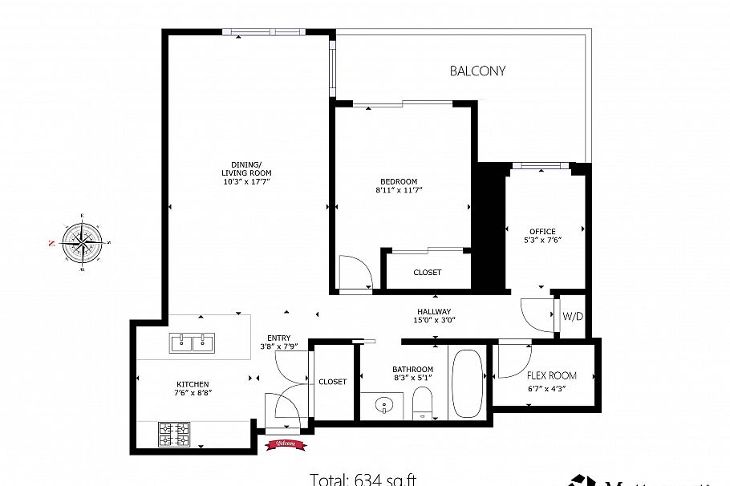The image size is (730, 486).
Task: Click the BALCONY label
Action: pos(477,71)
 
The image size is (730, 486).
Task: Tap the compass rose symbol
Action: pos(82,241)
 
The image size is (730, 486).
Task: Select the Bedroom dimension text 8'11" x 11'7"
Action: pos(399,190)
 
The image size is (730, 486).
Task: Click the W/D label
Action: pos(573,316)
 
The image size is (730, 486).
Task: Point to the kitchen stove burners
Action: pos(173,435)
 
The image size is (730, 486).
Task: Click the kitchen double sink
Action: pos(192,343)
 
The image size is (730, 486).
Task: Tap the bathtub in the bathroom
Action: pos(466,383)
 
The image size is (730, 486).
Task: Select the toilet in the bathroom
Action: pos(421,401)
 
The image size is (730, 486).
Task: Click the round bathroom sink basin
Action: pos(383,406)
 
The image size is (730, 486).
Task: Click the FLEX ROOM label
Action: pos(551,375)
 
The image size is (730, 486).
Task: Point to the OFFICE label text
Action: pos(542,232)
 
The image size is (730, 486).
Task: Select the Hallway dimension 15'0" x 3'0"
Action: pos(433,321)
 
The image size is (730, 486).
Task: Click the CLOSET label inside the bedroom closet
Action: pos(427,273)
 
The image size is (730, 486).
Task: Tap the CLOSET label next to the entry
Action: pos(332,382)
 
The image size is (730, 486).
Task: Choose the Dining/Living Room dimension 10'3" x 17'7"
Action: pos(246,182)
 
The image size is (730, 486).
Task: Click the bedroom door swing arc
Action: pos(354,271)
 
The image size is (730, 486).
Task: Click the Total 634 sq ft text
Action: pos(363,480)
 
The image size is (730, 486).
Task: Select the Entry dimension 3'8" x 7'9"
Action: pos(279,346)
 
